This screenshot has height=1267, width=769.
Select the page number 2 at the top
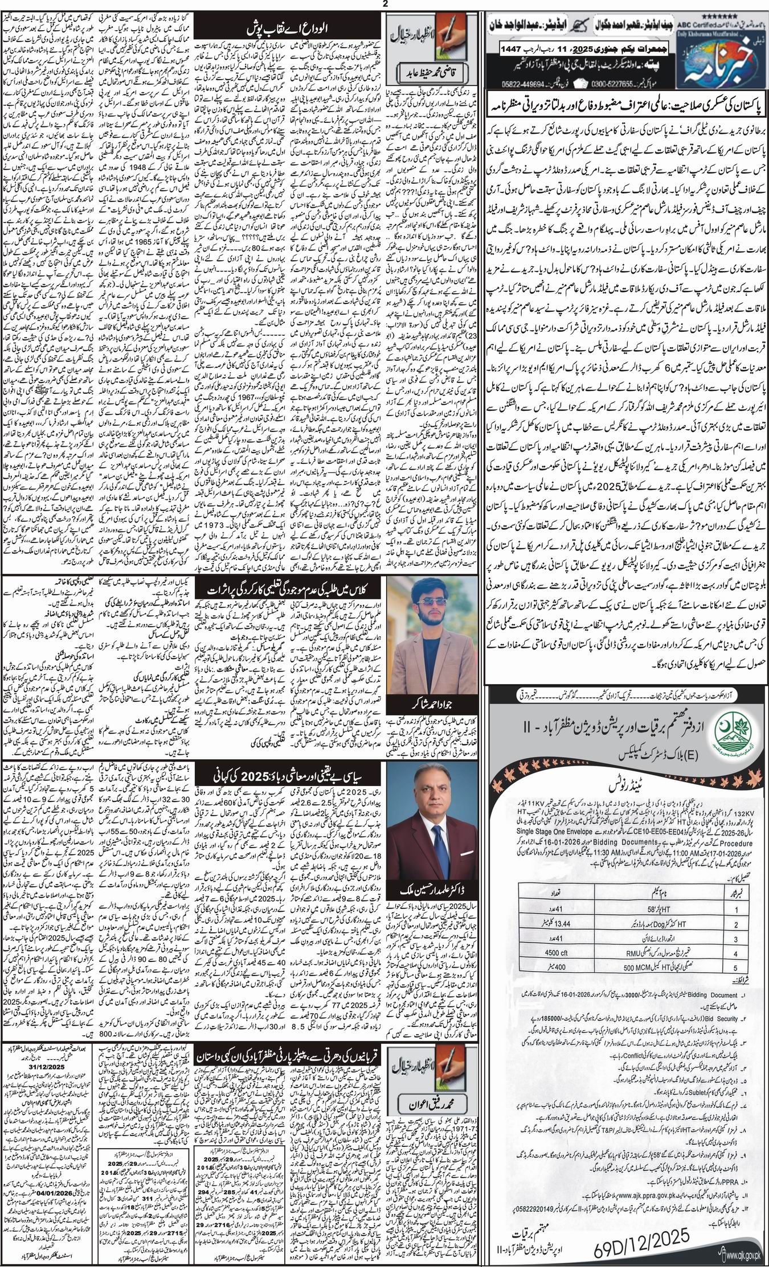(x=384, y=5)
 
